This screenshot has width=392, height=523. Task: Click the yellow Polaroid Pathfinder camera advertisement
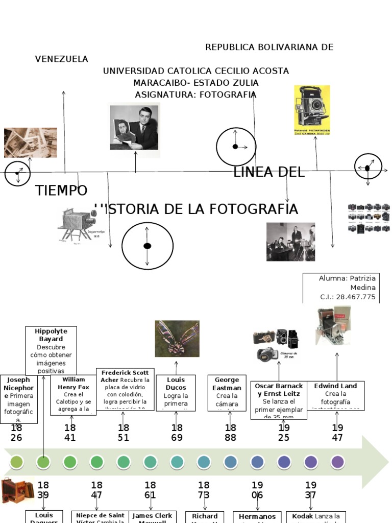coord(312,113)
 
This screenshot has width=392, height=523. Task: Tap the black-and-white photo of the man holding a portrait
coord(134,127)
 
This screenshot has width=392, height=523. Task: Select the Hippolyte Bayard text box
coord(51,351)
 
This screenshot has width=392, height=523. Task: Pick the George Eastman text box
coord(227,392)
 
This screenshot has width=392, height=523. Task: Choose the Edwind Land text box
coord(335,394)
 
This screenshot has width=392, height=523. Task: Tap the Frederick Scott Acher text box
coord(125,390)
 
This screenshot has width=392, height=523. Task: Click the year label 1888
coord(230,433)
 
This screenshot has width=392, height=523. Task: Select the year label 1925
coord(284,433)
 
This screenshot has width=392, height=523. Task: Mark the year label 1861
coord(150,490)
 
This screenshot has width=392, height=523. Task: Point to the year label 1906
coord(257,490)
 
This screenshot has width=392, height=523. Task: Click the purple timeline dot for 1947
coord(337,462)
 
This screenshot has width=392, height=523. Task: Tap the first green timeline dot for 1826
coord(16,462)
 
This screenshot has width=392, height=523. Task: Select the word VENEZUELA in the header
coord(61,59)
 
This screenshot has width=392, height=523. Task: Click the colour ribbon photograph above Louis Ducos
coord(177,339)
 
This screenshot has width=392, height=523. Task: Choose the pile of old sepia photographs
coord(31,142)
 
